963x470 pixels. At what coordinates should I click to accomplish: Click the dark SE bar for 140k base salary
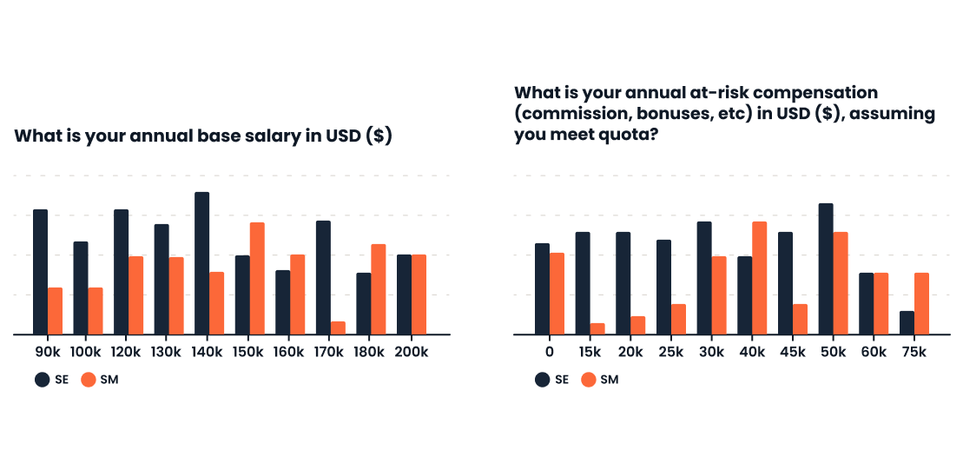(202, 263)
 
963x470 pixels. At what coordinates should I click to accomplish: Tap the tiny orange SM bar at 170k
(339, 328)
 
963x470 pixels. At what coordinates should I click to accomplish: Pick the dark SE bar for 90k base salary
(41, 272)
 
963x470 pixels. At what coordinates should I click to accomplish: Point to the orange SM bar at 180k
(379, 289)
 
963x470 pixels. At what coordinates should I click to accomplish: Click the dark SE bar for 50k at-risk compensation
(826, 269)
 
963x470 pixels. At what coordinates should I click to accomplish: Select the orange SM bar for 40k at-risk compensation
(760, 278)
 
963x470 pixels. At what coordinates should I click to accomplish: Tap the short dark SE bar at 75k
(907, 323)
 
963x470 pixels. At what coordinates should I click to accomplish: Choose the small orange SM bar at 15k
(597, 329)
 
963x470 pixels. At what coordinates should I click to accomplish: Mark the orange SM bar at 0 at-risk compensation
(557, 294)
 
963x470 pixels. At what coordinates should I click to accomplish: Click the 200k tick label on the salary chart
(412, 353)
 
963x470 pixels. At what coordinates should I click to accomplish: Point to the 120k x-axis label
(129, 353)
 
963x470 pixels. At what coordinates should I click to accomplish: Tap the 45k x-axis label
(793, 353)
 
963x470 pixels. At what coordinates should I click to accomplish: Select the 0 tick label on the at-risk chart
(550, 353)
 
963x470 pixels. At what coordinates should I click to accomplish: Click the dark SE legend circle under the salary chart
(42, 380)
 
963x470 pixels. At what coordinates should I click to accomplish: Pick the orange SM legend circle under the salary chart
(89, 380)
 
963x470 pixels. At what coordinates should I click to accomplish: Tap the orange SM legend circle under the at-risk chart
(589, 380)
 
